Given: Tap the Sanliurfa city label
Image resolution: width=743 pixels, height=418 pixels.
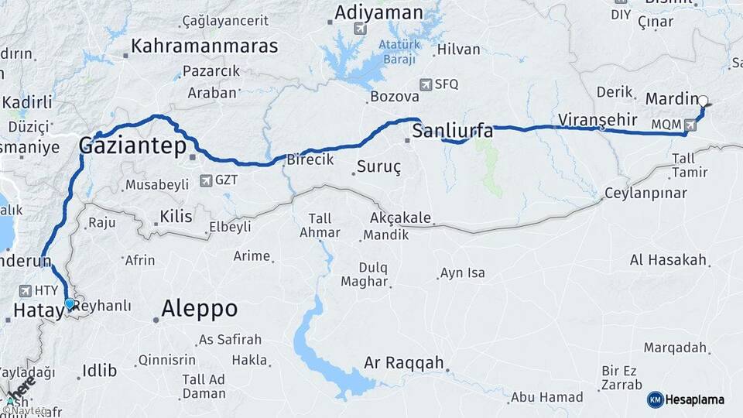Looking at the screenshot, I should pyautogui.click(x=453, y=131).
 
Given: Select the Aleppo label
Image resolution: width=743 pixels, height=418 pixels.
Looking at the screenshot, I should pyautogui.click(x=200, y=309).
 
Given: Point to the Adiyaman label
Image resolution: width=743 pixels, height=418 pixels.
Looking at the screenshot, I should pyautogui.click(x=378, y=12).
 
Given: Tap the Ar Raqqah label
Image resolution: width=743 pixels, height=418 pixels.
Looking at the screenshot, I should pyautogui.click(x=404, y=362).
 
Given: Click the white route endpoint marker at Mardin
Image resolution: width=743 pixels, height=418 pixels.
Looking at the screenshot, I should pyautogui.click(x=703, y=101).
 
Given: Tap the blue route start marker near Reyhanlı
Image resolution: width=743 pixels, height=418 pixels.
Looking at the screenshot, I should pyautogui.click(x=70, y=303).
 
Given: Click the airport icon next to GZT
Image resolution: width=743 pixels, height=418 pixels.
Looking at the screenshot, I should pyautogui.click(x=206, y=180).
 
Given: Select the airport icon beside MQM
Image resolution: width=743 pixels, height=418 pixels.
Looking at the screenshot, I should pyautogui.click(x=690, y=124).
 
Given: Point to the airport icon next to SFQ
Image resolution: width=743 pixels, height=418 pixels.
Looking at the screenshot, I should pyautogui.click(x=425, y=84).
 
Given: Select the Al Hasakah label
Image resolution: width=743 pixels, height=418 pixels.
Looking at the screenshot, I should pyautogui.click(x=669, y=259).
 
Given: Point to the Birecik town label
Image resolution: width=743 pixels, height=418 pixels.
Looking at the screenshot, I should pyautogui.click(x=310, y=159).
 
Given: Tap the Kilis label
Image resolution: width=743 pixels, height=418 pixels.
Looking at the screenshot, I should pyautogui.click(x=175, y=217).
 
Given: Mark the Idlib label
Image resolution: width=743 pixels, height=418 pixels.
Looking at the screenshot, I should pyautogui.click(x=98, y=371).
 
